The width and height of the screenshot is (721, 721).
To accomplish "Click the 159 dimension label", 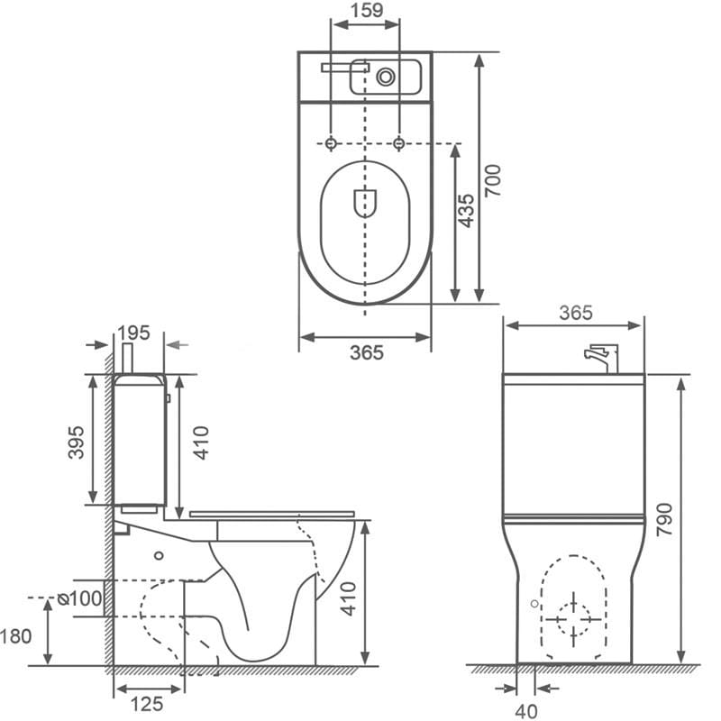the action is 366,10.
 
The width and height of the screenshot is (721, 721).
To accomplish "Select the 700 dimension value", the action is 493,180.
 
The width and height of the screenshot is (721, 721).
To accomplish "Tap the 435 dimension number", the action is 466,211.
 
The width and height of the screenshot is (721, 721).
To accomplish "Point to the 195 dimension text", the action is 133,333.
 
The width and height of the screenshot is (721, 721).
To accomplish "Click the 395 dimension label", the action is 76,443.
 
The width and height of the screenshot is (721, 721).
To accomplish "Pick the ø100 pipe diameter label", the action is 79,598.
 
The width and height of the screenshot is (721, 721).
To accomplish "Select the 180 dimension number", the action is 16,636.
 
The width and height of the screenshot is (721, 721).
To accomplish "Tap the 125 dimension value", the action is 147,704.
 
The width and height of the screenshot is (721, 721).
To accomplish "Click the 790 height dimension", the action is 664,520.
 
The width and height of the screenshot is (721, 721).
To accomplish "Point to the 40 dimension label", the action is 526,711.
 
